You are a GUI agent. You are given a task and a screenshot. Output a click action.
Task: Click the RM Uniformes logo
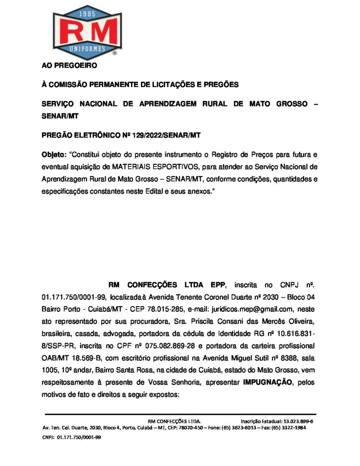click(87, 30)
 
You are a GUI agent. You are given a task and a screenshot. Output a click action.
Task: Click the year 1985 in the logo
click(87, 13)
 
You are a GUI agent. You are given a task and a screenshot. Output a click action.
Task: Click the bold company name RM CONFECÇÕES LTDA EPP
click(167, 285)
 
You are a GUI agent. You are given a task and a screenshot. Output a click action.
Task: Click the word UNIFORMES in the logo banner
click(87, 48)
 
